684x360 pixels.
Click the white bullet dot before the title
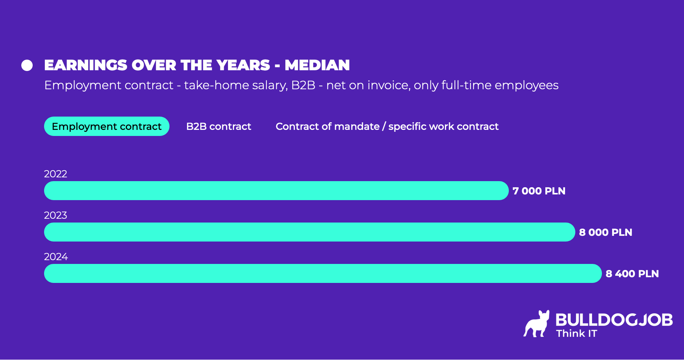pyautogui.click(x=27, y=65)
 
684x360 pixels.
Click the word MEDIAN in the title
pyautogui.click(x=317, y=65)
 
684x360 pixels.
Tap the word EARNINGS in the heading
pyautogui.click(x=85, y=65)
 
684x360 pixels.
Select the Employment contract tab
pyautogui.click(x=106, y=126)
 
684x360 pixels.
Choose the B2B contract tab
pyautogui.click(x=218, y=126)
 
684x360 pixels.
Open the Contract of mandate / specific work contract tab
pyautogui.click(x=387, y=126)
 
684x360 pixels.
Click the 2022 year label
pyautogui.click(x=55, y=174)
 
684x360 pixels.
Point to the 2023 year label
pyautogui.click(x=55, y=215)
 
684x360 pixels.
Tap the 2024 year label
pyautogui.click(x=56, y=257)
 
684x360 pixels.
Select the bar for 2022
pyautogui.click(x=276, y=191)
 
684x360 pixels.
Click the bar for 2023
pyautogui.click(x=309, y=232)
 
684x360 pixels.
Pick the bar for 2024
pyautogui.click(x=323, y=273)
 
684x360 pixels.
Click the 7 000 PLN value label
pyautogui.click(x=539, y=191)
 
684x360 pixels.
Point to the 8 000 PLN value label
pyautogui.click(x=605, y=232)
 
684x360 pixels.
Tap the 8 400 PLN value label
pyautogui.click(x=632, y=274)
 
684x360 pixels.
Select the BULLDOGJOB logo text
pyautogui.click(x=614, y=320)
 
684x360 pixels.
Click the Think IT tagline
pyautogui.click(x=576, y=334)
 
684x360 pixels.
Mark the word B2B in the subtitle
pyautogui.click(x=303, y=85)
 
